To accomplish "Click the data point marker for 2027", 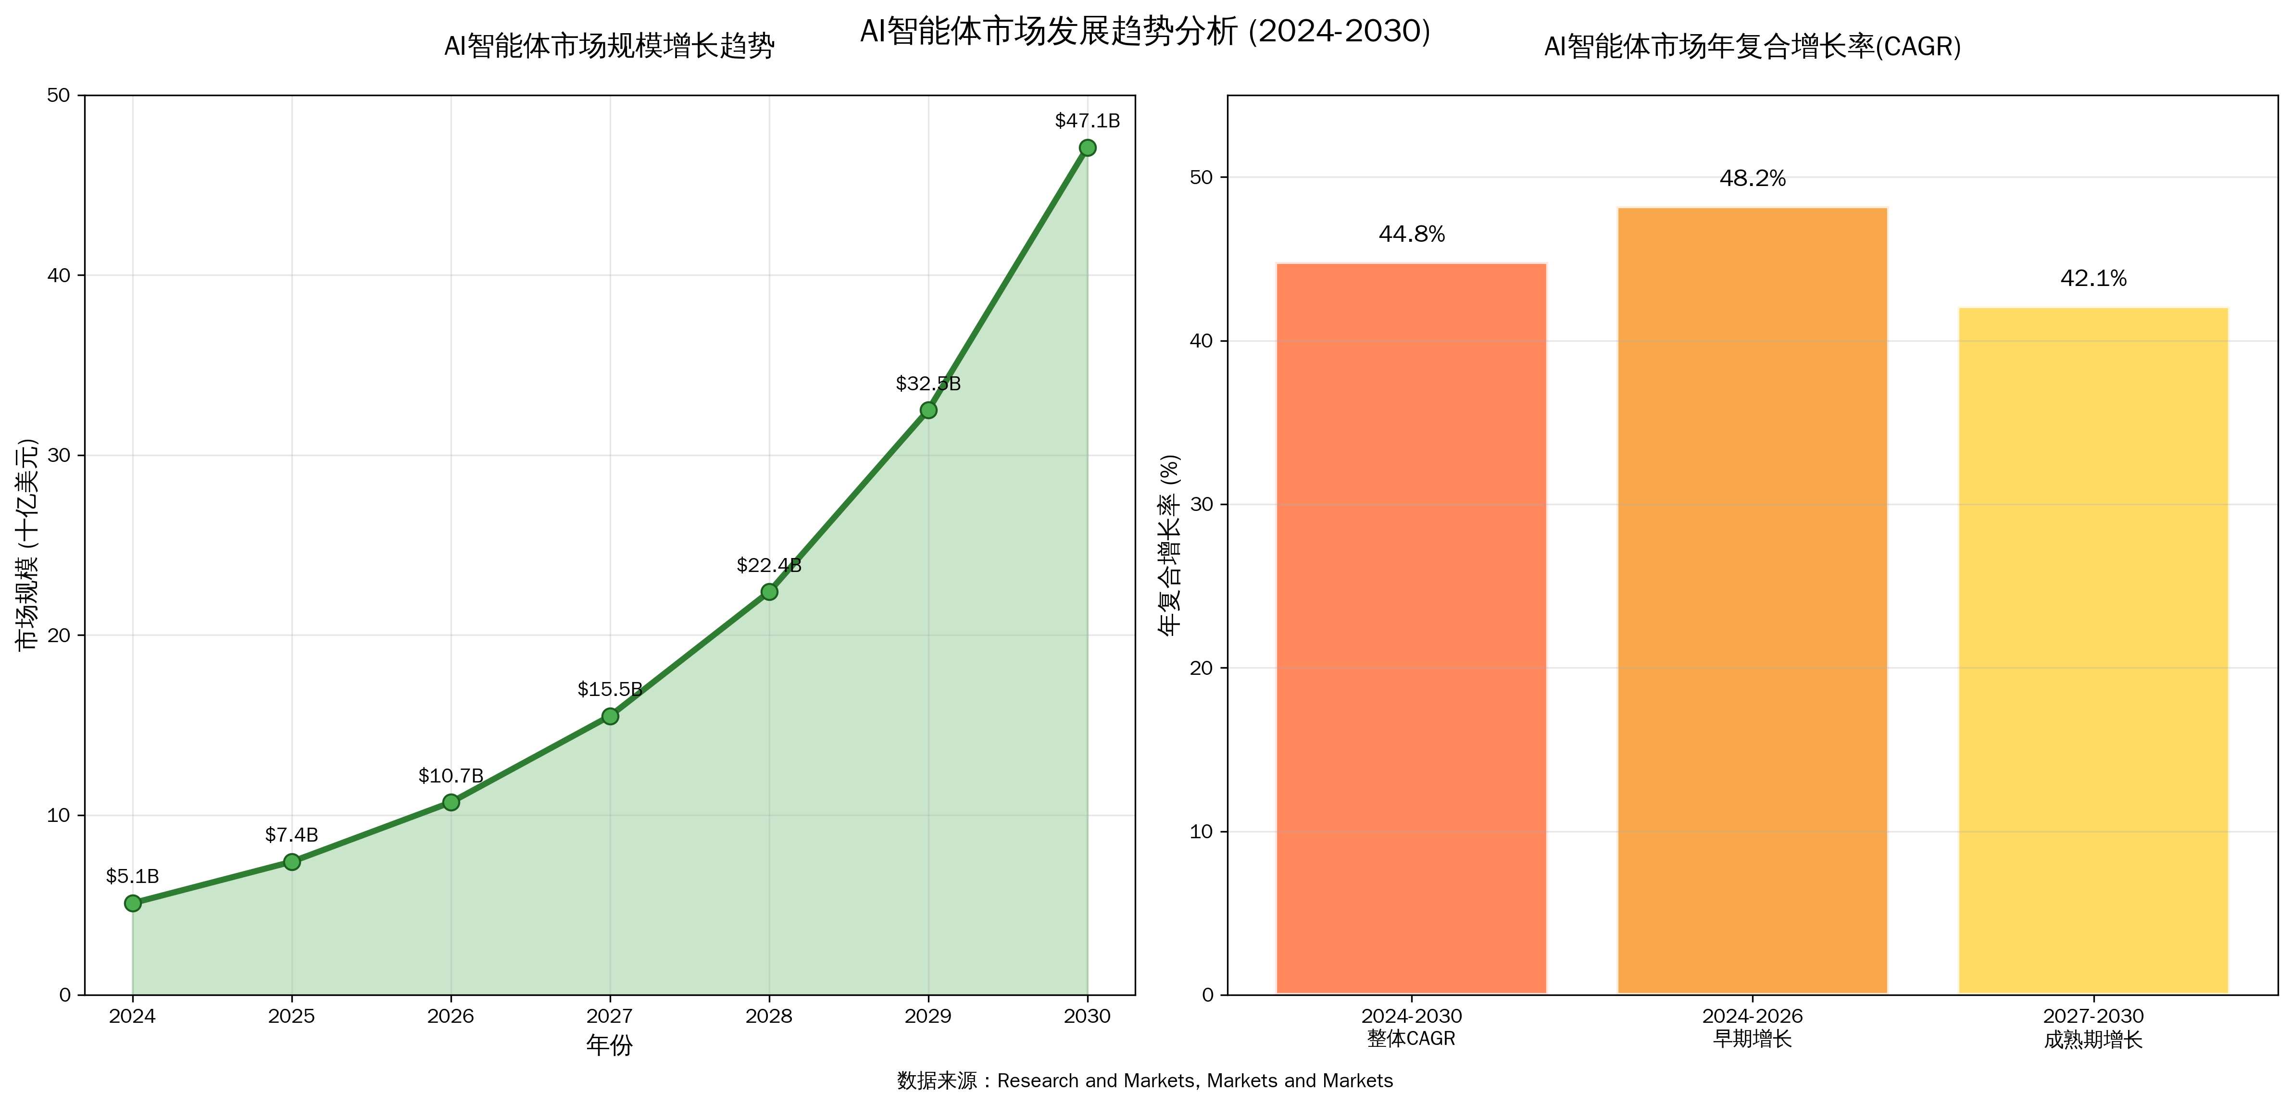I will coord(610,716).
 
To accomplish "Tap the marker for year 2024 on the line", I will coord(133,903).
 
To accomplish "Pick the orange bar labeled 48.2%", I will coord(1752,600).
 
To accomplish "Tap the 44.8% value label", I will coord(1411,234).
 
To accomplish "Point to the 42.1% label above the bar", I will coord(2092,278).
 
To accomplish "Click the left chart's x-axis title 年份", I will coord(610,1045).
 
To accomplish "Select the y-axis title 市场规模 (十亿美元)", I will coord(28,545).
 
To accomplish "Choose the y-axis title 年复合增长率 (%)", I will coord(1171,545).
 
